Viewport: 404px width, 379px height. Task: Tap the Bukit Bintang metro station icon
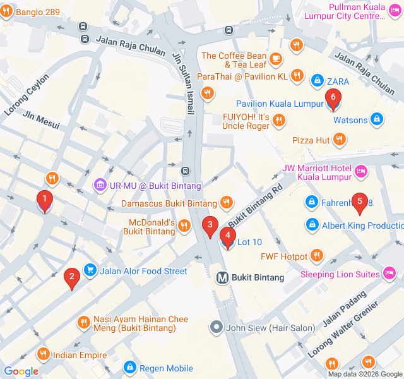coord(222,277)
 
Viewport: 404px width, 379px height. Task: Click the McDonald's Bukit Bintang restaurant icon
coord(184,226)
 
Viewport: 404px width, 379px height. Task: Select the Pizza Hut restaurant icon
coord(339,139)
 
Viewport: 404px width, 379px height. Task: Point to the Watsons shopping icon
coord(376,118)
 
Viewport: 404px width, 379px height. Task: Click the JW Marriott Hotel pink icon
coord(361,171)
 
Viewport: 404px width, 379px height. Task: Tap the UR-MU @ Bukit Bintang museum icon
coord(100,185)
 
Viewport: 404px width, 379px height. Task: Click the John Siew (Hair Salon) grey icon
coord(217,327)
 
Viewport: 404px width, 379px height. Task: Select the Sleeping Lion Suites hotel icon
coord(389,274)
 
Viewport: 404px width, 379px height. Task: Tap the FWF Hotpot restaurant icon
coord(316,256)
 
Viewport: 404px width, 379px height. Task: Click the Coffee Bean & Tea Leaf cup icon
coord(275,59)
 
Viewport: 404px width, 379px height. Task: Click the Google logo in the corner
coord(21,371)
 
